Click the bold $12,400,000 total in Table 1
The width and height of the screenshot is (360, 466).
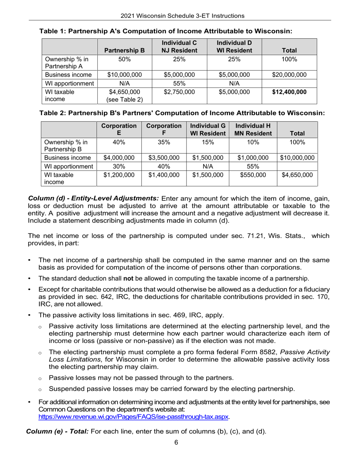290,92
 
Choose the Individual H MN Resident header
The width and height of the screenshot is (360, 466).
251,129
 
